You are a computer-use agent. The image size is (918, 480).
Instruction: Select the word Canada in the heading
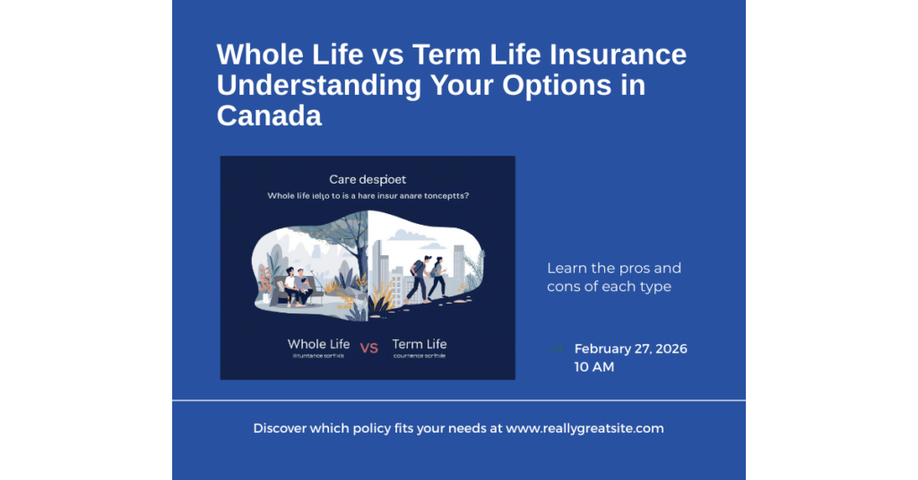point(269,115)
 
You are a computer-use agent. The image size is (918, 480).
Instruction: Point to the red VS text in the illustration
point(368,347)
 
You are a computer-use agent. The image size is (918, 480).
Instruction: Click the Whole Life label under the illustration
point(318,344)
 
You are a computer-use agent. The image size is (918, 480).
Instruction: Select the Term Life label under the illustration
point(419,344)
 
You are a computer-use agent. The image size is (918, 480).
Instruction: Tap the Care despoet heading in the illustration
point(368,180)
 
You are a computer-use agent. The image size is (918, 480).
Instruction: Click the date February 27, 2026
point(630,348)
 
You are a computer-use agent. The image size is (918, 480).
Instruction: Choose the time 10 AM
point(594,367)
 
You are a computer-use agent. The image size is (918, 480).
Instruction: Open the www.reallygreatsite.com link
point(585,428)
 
